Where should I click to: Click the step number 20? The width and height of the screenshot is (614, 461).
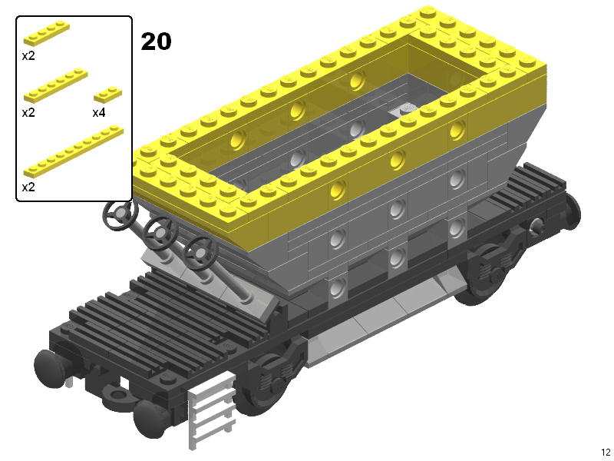pyautogui.click(x=156, y=41)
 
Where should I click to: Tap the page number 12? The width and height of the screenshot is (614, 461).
pyautogui.click(x=606, y=452)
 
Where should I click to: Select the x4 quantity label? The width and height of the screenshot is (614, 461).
pyautogui.click(x=99, y=113)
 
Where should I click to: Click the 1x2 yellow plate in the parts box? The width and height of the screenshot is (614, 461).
pyautogui.click(x=107, y=95)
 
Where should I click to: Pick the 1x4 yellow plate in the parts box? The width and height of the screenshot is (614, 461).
pyautogui.click(x=47, y=34)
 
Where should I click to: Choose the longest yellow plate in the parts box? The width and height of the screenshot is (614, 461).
pyautogui.click(x=74, y=151)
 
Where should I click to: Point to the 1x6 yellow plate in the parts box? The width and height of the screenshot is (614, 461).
pyautogui.click(x=55, y=86)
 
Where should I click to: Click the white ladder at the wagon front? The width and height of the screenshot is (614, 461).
pyautogui.click(x=212, y=410)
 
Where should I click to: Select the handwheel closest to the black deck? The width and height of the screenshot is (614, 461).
pyautogui.click(x=200, y=253)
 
